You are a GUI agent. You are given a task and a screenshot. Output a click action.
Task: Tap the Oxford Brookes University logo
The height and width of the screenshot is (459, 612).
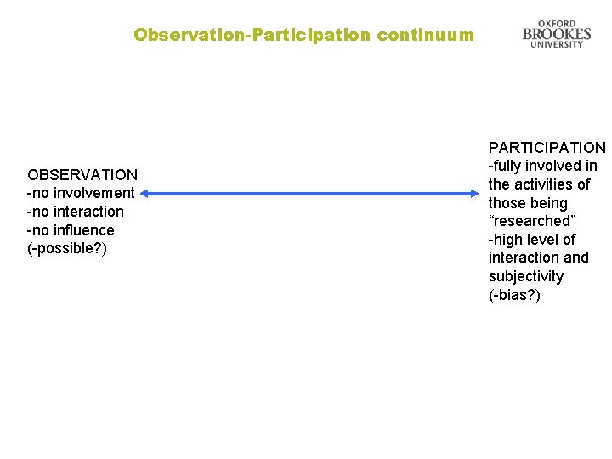pos(557,34)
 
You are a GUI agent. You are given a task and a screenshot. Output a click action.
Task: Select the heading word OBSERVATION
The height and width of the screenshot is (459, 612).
pos(82,175)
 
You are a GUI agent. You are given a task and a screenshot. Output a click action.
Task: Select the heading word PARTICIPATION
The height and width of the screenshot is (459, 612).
pos(547,148)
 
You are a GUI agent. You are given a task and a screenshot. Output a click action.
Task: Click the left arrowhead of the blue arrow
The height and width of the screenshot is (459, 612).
pos(145,194)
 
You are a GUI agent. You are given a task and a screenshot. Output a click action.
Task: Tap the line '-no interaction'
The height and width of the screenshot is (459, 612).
pos(76,212)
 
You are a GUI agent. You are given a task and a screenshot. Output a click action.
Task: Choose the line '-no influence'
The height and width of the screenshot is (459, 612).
pos(71,230)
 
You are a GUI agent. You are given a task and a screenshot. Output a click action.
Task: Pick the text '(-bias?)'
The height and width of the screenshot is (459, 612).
pos(514,295)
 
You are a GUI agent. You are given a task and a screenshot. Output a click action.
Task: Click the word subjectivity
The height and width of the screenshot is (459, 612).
pos(526,276)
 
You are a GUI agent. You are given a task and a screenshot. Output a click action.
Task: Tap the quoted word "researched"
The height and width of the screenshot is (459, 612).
pos(532,221)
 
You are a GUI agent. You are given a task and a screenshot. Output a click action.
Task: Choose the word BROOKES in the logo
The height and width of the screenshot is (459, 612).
pos(557,34)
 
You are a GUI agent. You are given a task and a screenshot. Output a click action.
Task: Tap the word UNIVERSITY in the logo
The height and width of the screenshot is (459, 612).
pos(557,44)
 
